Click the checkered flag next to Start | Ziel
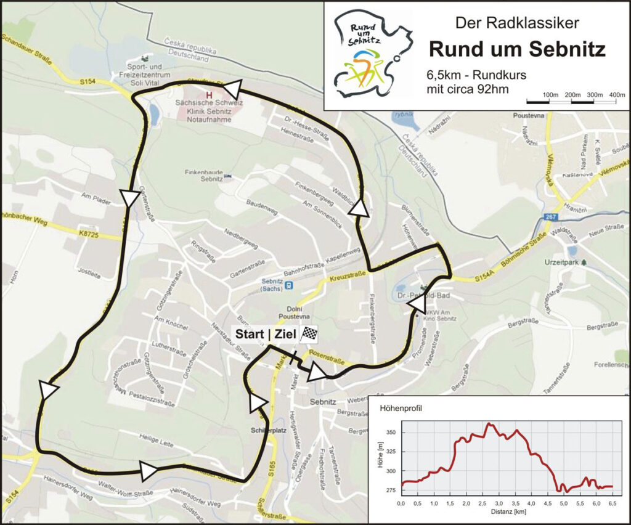pyautogui.click(x=308, y=334)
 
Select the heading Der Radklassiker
pyautogui.click(x=516, y=23)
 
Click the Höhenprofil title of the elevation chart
pyautogui.click(x=397, y=408)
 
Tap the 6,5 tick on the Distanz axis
pyautogui.click(x=612, y=504)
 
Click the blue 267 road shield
pyautogui.click(x=552, y=217)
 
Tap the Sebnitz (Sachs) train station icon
pyautogui.click(x=288, y=285)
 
